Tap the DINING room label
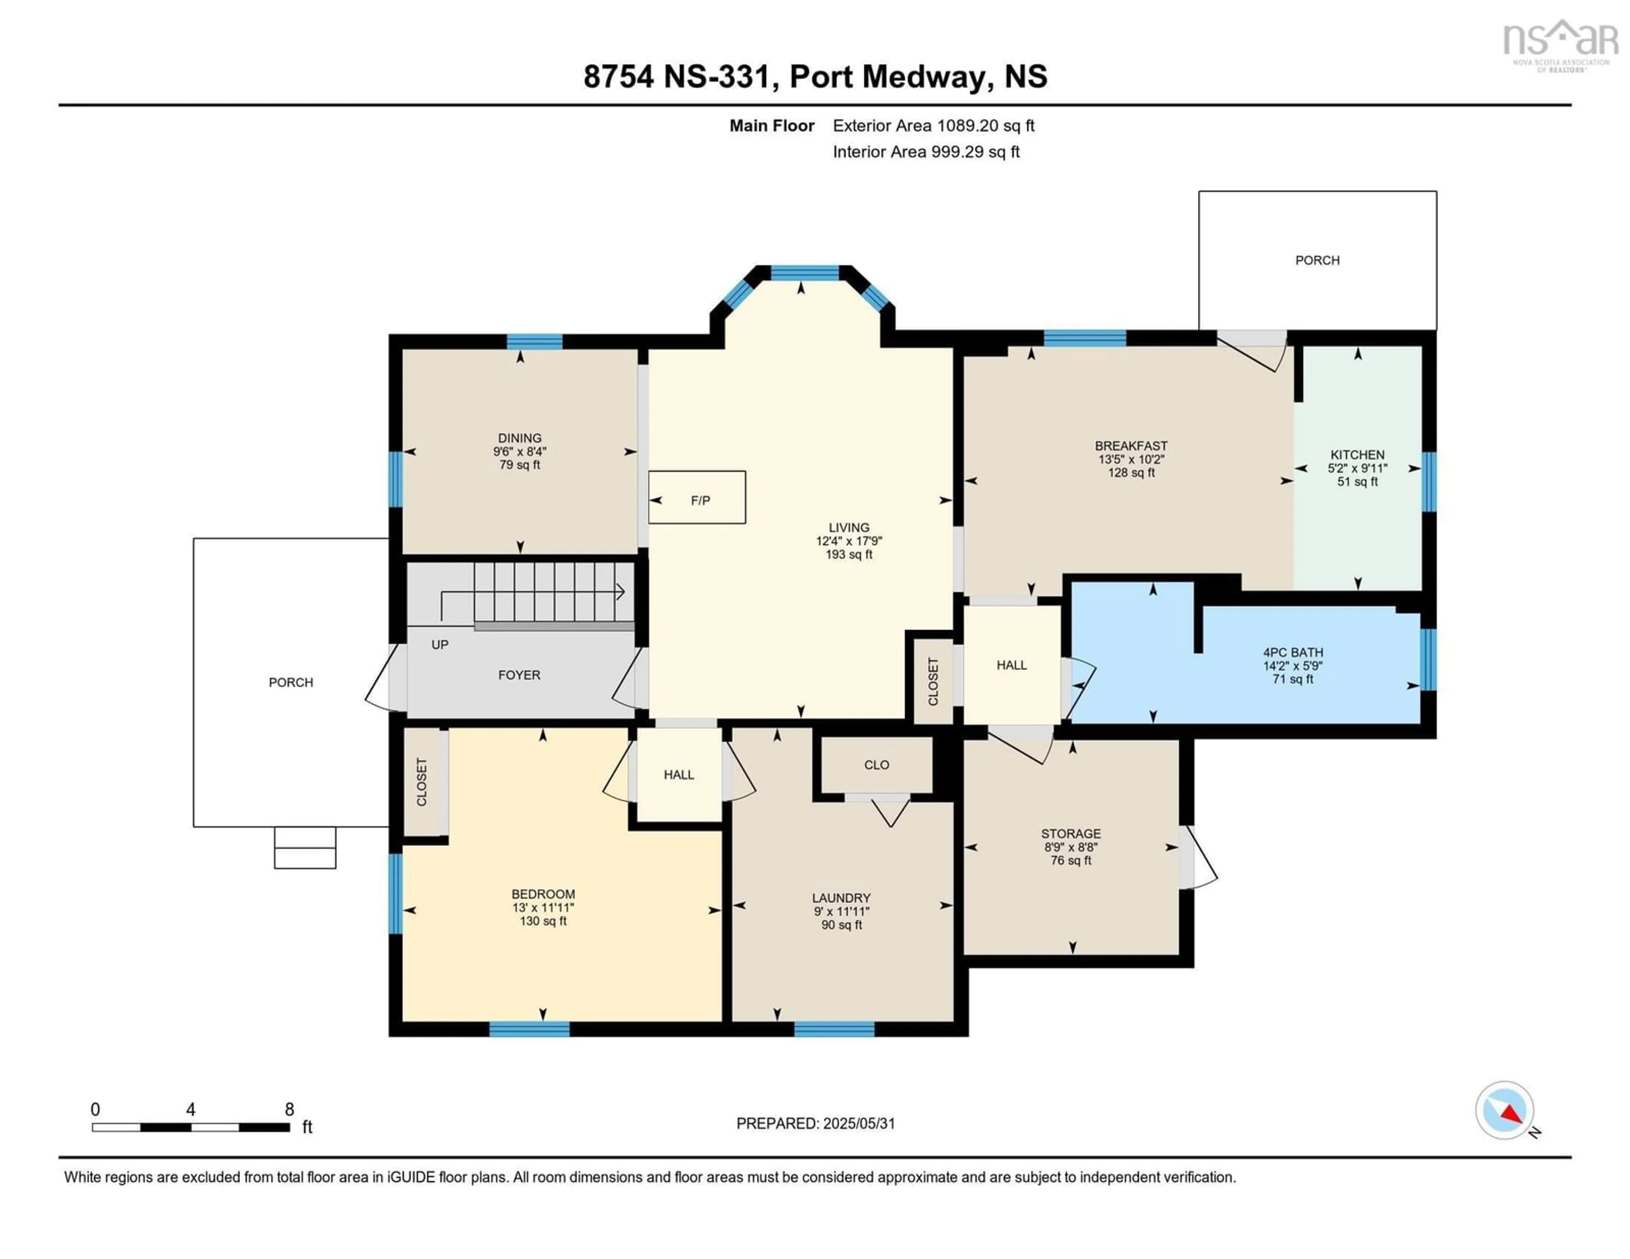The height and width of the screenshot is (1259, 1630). point(520,438)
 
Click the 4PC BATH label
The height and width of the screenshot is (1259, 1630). point(1293,652)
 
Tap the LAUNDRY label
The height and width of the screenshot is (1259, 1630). point(841,898)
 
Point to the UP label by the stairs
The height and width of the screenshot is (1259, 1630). point(440,644)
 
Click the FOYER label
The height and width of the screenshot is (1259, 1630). point(520,674)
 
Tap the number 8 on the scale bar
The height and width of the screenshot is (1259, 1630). point(289,1109)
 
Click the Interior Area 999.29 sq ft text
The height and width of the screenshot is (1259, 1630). point(926,152)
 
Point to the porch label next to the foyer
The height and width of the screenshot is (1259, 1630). point(291,682)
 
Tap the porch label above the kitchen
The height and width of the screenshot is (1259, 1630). point(1317,260)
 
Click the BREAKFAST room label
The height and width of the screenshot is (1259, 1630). point(1131,446)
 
